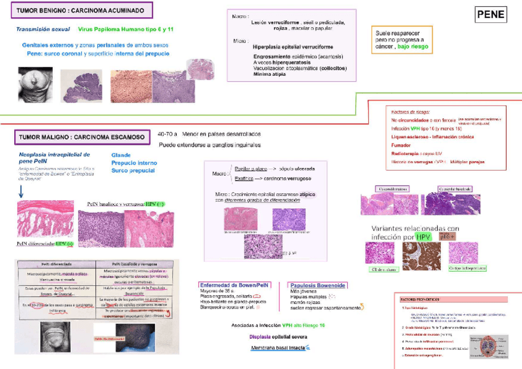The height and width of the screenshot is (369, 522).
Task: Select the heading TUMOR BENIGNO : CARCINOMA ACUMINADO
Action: (x=81, y=11)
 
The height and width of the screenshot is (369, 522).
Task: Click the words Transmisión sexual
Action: (x=42, y=30)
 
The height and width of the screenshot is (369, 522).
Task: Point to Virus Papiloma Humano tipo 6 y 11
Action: (x=126, y=30)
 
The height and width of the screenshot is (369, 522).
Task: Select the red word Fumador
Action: (x=401, y=145)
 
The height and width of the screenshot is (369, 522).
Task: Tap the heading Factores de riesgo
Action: (x=410, y=112)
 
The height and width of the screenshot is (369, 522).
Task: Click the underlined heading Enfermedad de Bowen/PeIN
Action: (x=234, y=285)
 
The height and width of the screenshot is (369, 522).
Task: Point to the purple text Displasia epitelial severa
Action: (x=278, y=337)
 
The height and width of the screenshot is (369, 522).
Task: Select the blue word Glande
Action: (x=121, y=155)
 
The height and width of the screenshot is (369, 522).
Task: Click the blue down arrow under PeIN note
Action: (x=21, y=192)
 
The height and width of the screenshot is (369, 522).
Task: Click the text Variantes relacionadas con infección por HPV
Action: (x=416, y=232)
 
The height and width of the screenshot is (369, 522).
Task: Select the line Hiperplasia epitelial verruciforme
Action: (x=293, y=46)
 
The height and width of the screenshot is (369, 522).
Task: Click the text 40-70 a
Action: (x=167, y=134)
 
